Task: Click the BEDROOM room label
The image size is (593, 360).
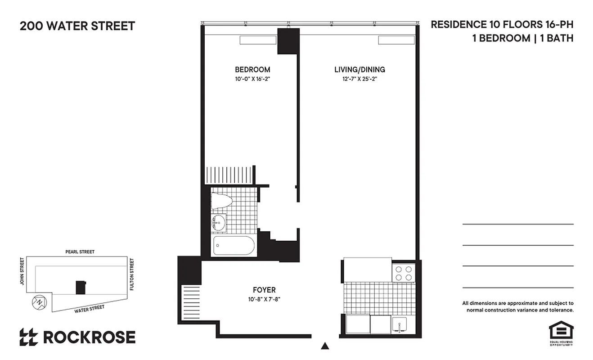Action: pos(252,70)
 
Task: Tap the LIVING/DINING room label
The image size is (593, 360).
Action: pos(359,70)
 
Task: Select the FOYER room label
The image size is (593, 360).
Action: pos(265,290)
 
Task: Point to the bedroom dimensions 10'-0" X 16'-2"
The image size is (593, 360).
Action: pos(252,79)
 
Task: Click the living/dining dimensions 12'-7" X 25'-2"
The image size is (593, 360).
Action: pos(359,79)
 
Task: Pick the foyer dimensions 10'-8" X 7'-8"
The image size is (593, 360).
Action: pos(265,299)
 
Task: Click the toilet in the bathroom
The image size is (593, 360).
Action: pos(221,201)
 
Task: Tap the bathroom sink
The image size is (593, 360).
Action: pos(219,222)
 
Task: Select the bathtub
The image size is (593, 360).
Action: pos(234,246)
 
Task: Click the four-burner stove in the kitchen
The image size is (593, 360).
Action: pos(403,272)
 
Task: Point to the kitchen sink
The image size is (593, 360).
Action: pos(399,324)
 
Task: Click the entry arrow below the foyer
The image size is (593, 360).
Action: pos(325,346)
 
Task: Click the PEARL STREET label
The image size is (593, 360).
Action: pos(80,252)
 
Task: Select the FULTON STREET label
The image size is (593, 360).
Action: pos(131,274)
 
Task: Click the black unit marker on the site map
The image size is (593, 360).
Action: pos(81,287)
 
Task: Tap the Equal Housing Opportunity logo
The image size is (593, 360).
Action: pos(561,333)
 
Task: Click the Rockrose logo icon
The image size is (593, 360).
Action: pos(29,337)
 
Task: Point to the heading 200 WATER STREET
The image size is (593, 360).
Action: pos(77,26)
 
